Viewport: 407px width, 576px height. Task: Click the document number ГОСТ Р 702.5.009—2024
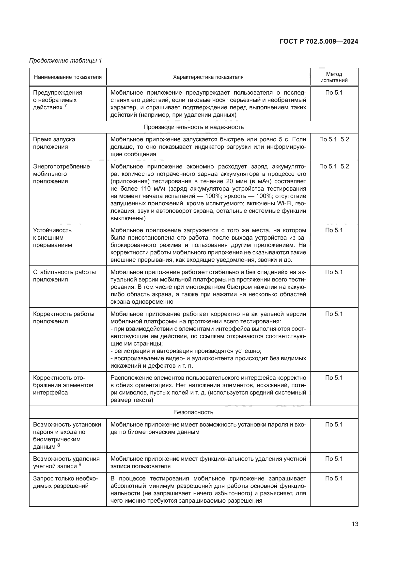point(319,41)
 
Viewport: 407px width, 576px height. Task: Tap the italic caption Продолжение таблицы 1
point(65,61)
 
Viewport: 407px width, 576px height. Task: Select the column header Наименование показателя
point(68,77)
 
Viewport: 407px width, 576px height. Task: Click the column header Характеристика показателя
point(208,77)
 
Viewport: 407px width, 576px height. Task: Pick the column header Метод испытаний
point(334,77)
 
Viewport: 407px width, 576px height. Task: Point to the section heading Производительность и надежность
point(193,127)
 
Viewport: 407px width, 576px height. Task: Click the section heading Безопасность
point(193,412)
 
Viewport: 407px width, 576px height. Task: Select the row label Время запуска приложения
point(54,143)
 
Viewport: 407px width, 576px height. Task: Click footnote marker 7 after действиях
point(66,106)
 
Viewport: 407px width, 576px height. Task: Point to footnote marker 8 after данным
point(59,445)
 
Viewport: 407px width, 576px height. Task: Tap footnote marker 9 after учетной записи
point(80,464)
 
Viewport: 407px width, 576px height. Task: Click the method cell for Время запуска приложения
point(334,139)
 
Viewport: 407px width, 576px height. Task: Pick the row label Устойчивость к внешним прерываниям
point(52,238)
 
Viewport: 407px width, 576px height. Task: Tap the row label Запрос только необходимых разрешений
point(65,482)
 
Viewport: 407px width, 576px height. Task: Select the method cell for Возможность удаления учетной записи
point(334,459)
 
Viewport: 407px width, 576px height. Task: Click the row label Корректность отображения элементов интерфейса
point(63,385)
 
